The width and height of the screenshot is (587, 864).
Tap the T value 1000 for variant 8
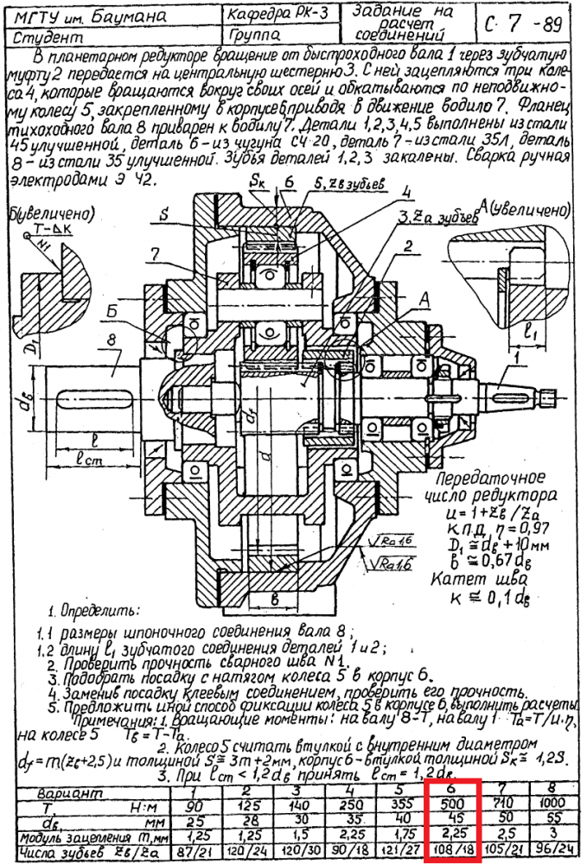(x=555, y=804)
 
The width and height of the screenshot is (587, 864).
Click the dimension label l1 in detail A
(x=529, y=329)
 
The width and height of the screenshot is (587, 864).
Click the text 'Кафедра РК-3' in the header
(x=271, y=15)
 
